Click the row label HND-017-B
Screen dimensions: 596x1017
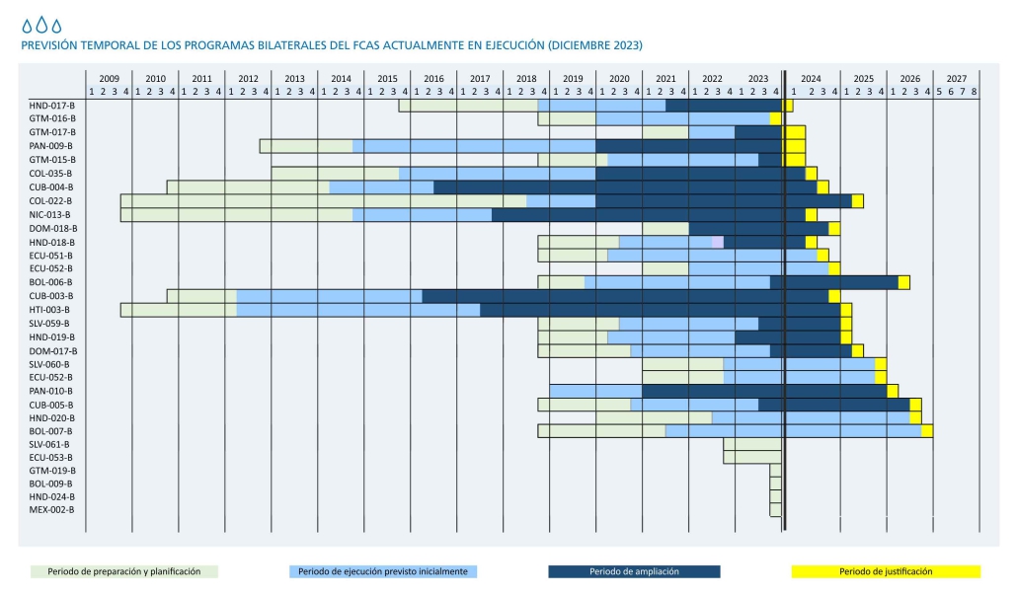coord(51,105)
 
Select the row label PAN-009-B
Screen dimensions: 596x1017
coord(51,146)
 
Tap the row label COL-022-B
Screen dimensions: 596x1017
coord(51,200)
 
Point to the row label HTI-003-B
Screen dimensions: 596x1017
coord(50,310)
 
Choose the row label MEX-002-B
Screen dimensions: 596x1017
coord(51,509)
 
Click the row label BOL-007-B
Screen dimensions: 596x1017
coord(51,431)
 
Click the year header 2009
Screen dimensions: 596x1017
coord(109,78)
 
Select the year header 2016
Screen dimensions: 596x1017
coord(433,78)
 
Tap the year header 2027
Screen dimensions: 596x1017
coord(956,78)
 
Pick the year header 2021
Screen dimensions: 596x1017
coord(665,78)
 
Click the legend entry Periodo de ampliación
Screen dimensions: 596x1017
coord(634,571)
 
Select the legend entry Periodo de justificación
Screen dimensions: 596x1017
coord(886,571)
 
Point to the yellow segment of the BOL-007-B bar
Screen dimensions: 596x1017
coord(927,430)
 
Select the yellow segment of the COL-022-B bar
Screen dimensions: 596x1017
coord(857,201)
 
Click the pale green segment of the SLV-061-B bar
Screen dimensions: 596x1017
coord(752,444)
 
